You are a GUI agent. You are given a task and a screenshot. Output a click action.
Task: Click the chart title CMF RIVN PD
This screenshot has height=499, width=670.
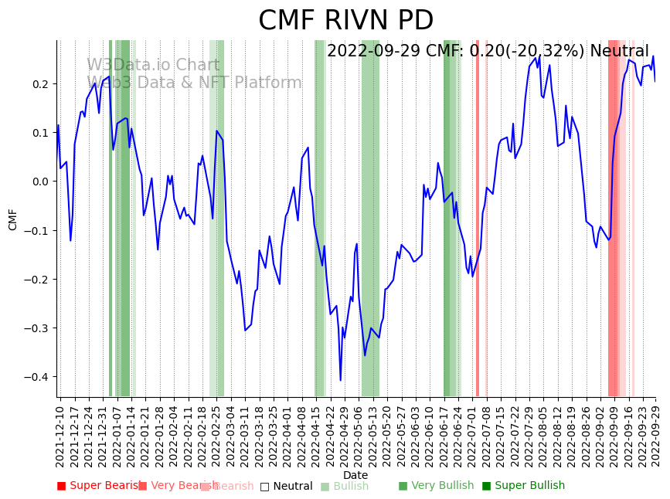click(x=345, y=21)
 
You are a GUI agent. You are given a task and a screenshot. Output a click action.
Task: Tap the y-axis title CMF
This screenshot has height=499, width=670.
click(x=13, y=219)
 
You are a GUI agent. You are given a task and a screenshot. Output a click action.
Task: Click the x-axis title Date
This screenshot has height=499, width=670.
click(x=355, y=475)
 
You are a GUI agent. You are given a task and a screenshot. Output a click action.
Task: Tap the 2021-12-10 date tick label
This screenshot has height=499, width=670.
click(x=60, y=436)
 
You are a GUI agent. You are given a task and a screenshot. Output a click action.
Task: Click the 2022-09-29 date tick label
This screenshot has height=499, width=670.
click(x=656, y=436)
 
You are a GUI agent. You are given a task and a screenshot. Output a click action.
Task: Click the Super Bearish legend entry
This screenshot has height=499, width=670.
click(x=98, y=486)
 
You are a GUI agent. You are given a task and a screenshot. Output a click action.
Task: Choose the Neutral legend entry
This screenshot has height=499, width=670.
click(x=286, y=486)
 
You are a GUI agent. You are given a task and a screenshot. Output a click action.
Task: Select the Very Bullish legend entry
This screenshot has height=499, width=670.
click(x=436, y=486)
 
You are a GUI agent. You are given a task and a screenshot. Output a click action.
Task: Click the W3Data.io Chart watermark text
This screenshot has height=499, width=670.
click(x=152, y=65)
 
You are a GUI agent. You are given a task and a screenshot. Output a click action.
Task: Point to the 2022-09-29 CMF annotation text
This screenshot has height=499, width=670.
click(x=488, y=52)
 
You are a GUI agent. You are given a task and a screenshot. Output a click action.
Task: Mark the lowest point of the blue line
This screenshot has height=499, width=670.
click(x=340, y=380)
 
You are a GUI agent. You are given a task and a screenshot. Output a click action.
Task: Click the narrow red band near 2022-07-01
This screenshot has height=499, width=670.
click(x=478, y=216)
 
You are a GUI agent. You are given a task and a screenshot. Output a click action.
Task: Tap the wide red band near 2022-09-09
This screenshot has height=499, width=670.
click(x=614, y=216)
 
